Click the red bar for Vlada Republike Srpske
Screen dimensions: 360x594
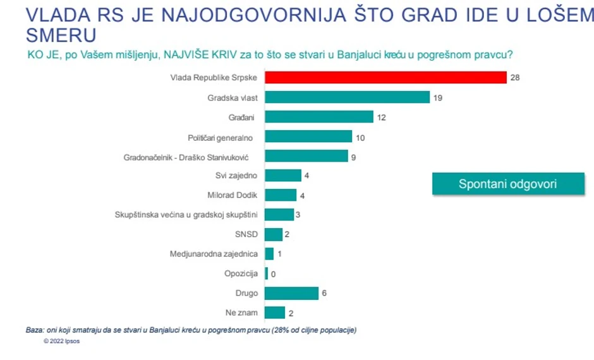(385, 78)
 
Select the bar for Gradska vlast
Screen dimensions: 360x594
(347, 98)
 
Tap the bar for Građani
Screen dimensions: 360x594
(319, 117)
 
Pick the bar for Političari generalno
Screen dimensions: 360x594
(308, 136)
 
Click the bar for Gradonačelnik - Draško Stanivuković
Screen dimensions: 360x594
(306, 156)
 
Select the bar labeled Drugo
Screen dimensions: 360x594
(291, 293)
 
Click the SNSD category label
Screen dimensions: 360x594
(246, 234)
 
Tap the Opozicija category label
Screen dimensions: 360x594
(241, 273)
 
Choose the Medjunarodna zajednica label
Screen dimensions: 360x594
(214, 254)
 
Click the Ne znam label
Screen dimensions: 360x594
(241, 313)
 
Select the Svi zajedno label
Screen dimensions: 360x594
(236, 176)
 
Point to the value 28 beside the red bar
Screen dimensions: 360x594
(514, 78)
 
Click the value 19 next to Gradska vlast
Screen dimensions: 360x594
(437, 98)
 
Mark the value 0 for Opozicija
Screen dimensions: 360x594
(272, 273)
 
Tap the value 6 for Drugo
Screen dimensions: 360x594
(324, 293)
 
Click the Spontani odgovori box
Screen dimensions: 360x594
(507, 184)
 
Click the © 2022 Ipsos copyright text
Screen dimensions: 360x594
(62, 341)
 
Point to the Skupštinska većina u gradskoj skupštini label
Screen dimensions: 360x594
(186, 215)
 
